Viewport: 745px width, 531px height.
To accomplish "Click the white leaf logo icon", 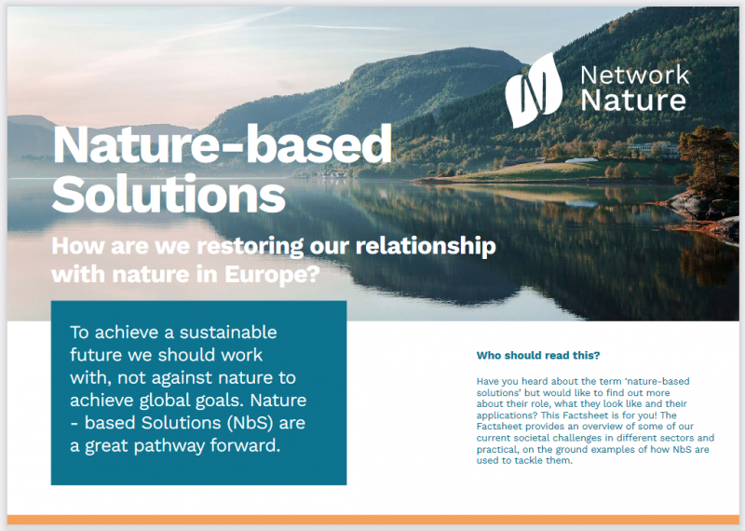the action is tap(533, 90).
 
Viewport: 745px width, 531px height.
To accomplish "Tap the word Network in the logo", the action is tap(635, 75).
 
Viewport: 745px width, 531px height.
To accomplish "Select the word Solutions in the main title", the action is tap(169, 194).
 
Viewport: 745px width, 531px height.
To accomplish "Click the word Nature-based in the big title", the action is tap(223, 143).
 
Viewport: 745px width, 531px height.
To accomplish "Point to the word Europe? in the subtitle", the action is tap(272, 274).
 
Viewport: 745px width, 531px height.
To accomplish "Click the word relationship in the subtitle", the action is tap(426, 246).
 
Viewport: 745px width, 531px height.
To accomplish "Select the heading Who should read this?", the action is tap(538, 356).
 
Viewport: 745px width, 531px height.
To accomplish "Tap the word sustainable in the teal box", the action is tap(228, 332).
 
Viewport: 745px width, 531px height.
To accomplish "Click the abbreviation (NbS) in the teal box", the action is tap(250, 423).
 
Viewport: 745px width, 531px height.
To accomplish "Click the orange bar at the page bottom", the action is tap(373, 520).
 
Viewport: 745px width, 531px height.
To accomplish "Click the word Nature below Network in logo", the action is tap(633, 101).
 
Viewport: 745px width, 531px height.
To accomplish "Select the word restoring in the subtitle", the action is tap(251, 246).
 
